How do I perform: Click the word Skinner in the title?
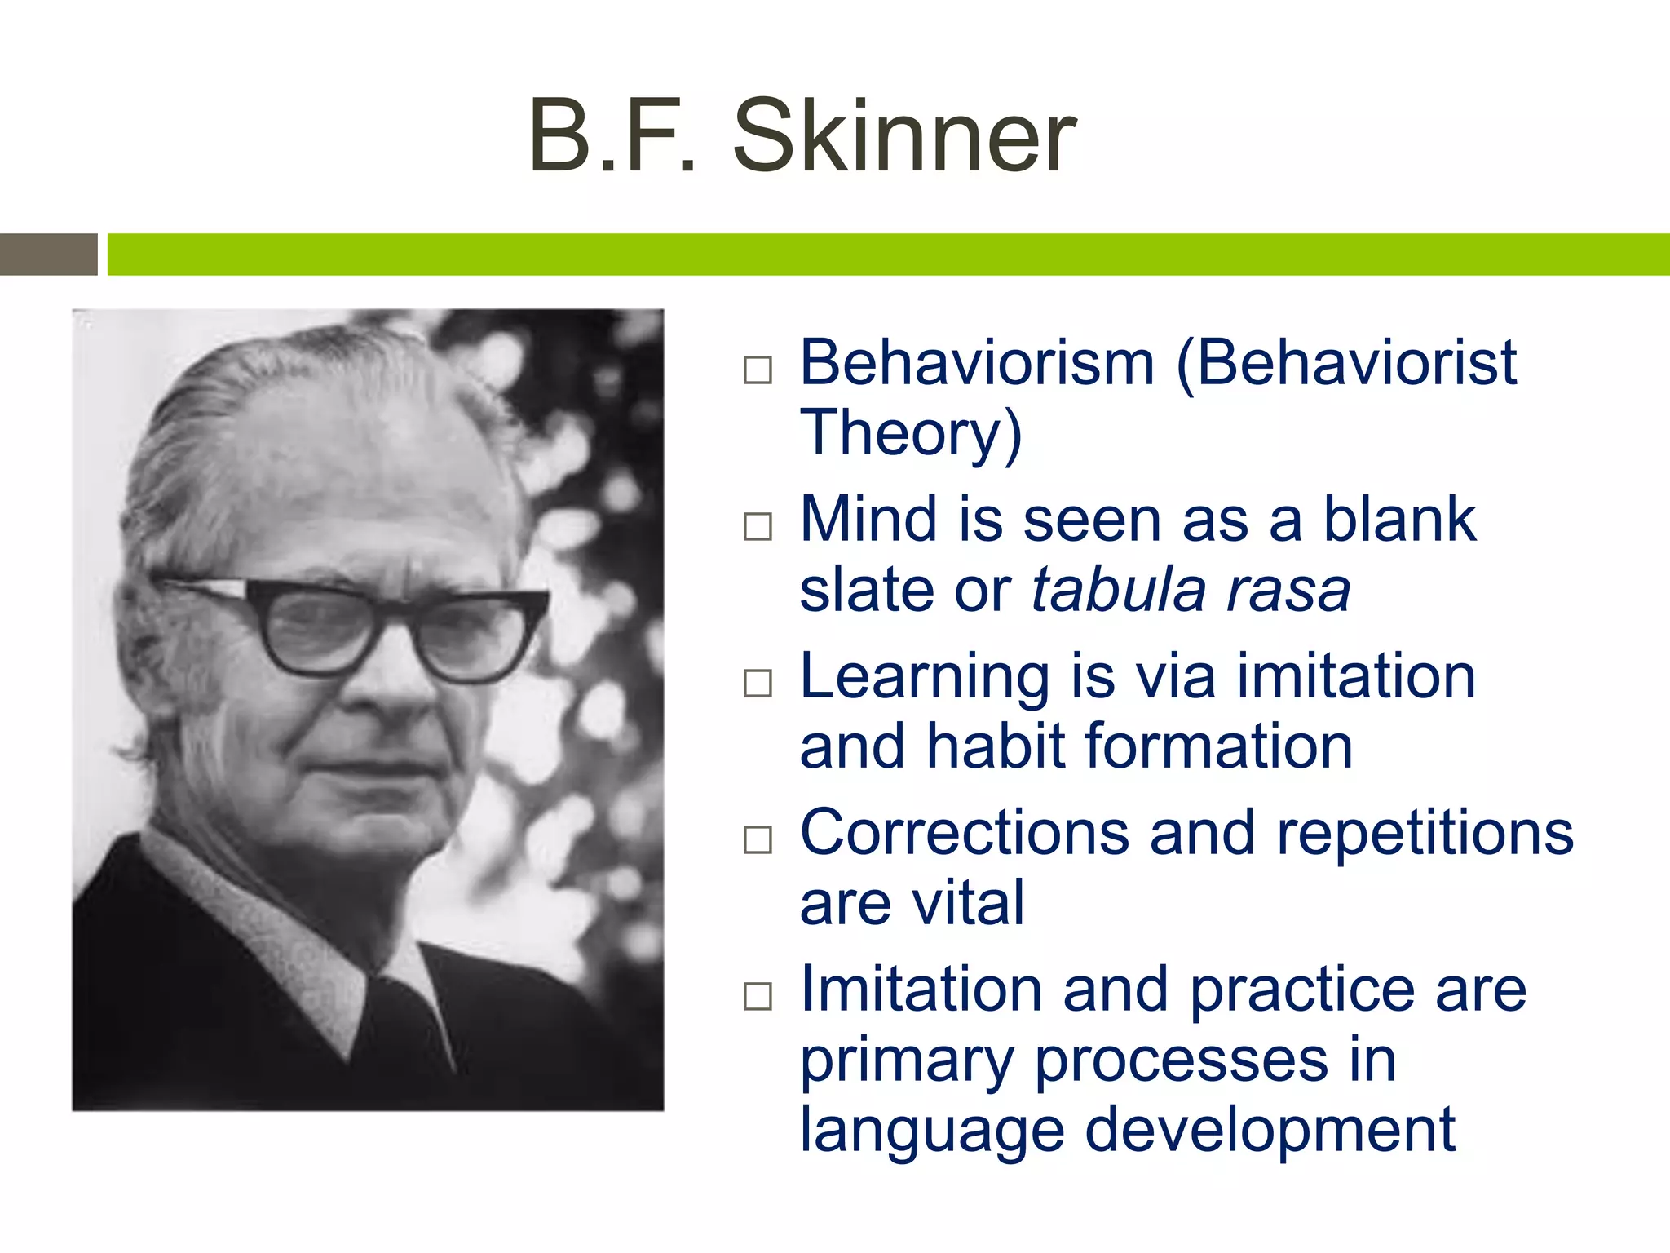click(x=904, y=137)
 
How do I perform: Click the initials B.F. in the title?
click(x=612, y=137)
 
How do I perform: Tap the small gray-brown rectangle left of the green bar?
click(x=48, y=254)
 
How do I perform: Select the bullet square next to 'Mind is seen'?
click(x=758, y=526)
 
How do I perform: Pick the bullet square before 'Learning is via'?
click(x=758, y=683)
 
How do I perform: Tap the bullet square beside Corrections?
click(x=758, y=839)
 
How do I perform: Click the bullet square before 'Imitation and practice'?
click(x=758, y=996)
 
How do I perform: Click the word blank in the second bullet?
click(x=1398, y=519)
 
